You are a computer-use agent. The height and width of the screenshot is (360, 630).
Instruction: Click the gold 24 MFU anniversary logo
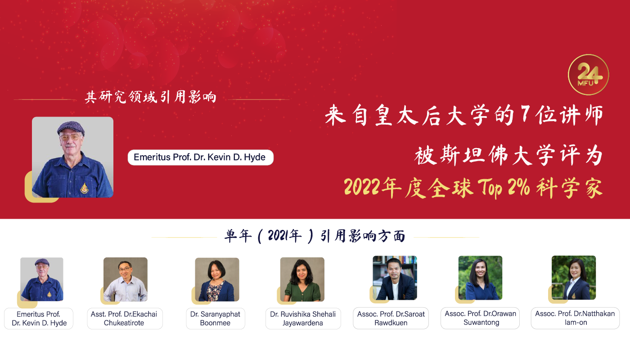589,75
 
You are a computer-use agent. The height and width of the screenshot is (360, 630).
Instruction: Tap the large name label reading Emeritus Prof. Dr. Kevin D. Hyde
201,157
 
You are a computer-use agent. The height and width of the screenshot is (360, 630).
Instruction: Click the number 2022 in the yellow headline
363,187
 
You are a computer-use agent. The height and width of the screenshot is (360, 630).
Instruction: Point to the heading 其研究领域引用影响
151,97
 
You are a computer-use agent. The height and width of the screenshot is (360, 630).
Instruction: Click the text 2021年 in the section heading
284,236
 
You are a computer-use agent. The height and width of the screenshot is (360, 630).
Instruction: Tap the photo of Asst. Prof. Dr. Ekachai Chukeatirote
126,279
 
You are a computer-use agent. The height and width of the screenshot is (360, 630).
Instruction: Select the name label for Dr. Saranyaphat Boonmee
216,319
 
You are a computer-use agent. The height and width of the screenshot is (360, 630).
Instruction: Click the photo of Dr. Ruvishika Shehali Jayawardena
302,279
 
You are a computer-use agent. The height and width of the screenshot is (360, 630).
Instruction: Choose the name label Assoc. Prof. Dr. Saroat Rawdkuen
391,318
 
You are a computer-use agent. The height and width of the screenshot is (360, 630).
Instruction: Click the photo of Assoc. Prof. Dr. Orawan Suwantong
481,278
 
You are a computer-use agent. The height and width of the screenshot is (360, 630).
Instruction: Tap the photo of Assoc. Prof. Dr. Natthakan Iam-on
574,278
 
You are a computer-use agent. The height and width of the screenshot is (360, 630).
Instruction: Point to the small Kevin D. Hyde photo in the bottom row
42,279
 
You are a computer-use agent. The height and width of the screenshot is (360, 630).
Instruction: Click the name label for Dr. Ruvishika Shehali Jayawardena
303,319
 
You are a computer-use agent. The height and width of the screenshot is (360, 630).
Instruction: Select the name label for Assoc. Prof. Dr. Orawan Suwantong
480,318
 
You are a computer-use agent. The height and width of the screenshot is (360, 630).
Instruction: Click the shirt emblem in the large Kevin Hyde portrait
85,188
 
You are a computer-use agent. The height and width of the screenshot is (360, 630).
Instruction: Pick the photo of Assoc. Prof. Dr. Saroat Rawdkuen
395,278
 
